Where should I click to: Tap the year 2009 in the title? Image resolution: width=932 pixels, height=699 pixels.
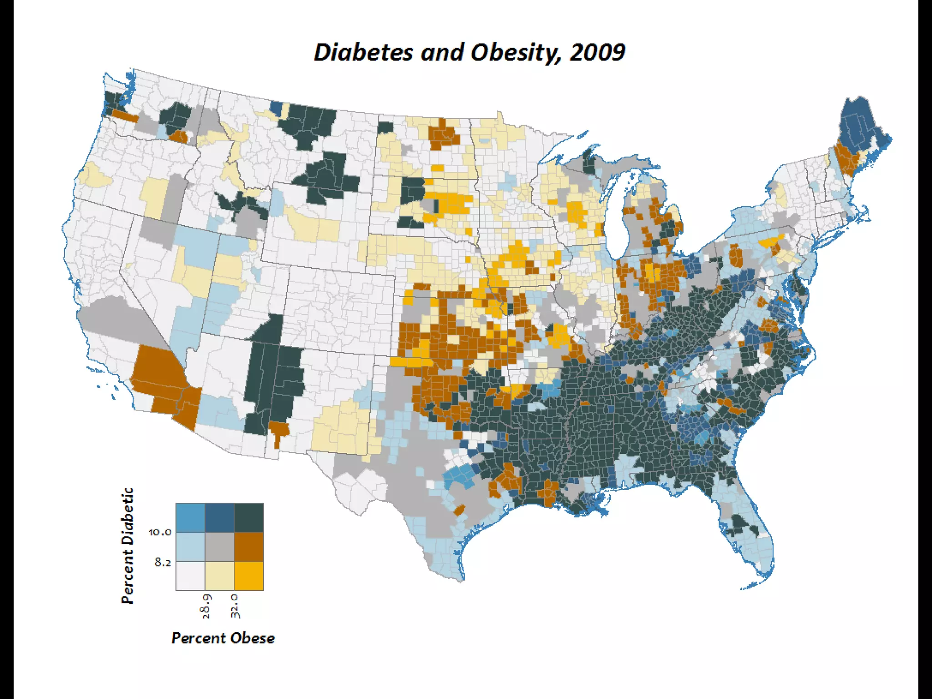click(597, 52)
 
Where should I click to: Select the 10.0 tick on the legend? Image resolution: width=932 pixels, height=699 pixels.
click(160, 532)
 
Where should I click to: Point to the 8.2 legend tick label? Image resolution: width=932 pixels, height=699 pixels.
click(162, 562)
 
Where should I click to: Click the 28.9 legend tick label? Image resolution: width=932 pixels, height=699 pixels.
click(206, 606)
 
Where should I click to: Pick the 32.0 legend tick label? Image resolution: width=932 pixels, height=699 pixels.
click(235, 606)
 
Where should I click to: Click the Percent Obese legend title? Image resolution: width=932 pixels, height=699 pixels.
click(223, 638)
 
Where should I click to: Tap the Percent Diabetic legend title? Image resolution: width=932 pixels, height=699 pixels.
click(128, 546)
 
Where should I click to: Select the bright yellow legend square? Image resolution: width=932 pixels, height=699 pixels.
click(248, 576)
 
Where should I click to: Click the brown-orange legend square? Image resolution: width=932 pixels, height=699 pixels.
click(248, 547)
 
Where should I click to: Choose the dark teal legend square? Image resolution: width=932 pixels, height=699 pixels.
click(248, 517)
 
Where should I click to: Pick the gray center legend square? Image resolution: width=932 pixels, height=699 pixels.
click(219, 547)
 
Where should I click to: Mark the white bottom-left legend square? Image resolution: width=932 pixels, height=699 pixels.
click(190, 576)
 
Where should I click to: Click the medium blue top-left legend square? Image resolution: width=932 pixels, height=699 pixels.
click(190, 517)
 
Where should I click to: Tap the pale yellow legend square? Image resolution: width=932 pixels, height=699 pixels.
click(219, 576)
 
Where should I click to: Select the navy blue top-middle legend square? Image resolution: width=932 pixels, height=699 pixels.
click(219, 517)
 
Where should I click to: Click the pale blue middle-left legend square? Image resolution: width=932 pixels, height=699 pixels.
click(190, 547)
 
